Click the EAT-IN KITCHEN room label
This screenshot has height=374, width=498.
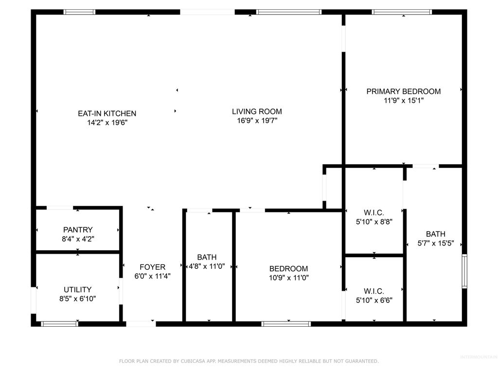[x=107, y=113]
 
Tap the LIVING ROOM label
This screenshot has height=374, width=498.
[x=257, y=112]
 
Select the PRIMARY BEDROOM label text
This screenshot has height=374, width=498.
[x=403, y=91]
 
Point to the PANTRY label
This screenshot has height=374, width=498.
[x=78, y=229]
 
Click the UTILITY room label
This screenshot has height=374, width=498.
[x=78, y=289]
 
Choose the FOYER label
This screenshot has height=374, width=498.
[x=152, y=267]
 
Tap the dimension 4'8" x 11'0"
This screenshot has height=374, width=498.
[x=207, y=266]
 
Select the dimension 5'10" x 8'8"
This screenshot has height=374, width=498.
[x=374, y=222]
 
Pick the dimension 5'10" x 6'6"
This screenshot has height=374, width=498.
[x=374, y=300]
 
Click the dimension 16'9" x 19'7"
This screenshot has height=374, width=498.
[x=257, y=121]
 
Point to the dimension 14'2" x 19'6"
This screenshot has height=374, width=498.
[x=107, y=123]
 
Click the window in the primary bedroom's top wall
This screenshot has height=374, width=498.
[x=402, y=12]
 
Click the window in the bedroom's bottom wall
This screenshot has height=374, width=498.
[x=286, y=323]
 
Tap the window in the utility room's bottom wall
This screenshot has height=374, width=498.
[x=60, y=323]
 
